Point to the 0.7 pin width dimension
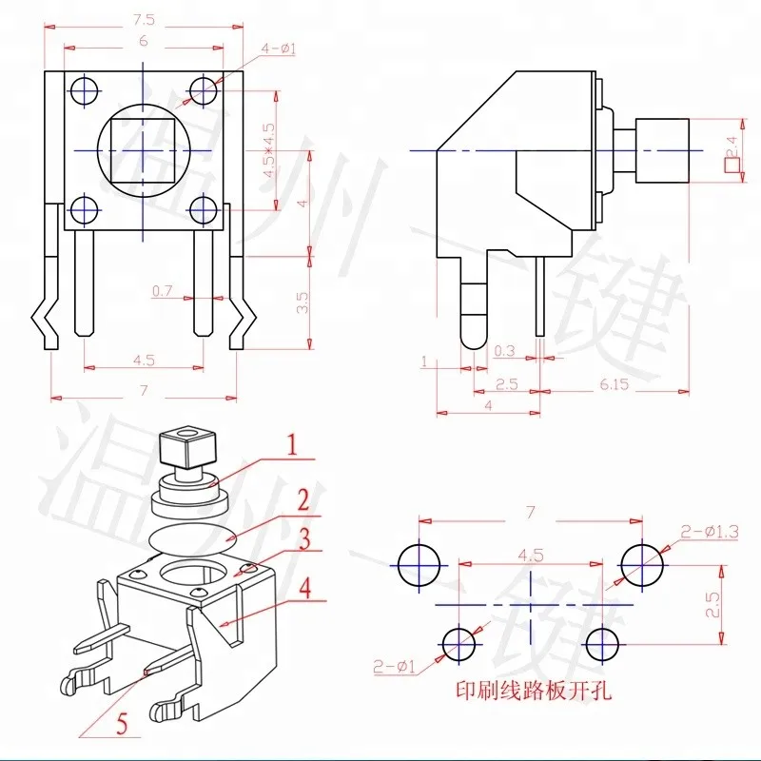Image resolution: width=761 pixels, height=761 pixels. click(163, 290)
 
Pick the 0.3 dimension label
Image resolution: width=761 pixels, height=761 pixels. click(504, 351)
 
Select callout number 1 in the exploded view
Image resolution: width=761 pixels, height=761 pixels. click(293, 444)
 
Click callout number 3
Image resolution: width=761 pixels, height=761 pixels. click(302, 540)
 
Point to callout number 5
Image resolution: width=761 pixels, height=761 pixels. click(120, 726)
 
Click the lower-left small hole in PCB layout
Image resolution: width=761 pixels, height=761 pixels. click(459, 643)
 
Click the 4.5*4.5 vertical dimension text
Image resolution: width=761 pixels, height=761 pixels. click(268, 150)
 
